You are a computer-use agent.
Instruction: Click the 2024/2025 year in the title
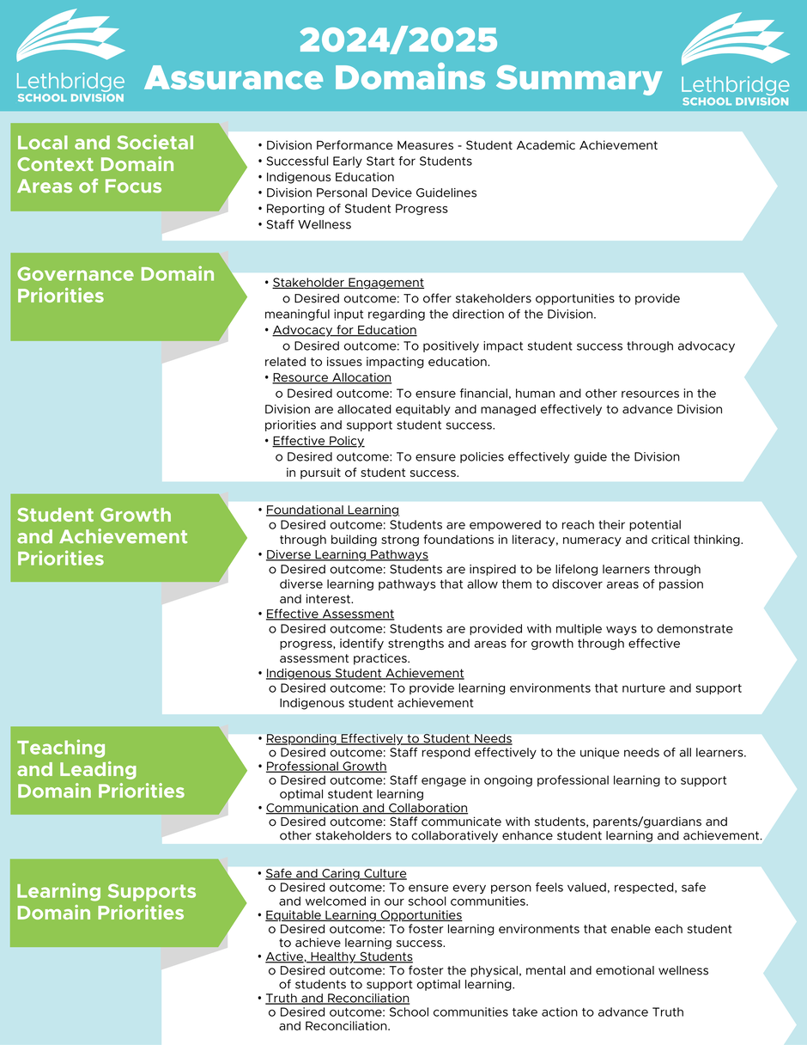coord(398,40)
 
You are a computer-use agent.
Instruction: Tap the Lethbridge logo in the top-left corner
coord(70,56)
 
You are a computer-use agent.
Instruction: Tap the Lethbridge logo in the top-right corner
coord(736,59)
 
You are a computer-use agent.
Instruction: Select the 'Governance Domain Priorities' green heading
coord(116,284)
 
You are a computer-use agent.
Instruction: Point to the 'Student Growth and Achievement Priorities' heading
coord(102,537)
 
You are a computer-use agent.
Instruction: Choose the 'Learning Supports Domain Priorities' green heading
coord(106,901)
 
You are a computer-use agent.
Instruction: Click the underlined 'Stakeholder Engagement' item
coord(349,283)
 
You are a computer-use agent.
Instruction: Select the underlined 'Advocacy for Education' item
coord(344,330)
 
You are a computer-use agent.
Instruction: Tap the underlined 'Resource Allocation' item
coord(332,377)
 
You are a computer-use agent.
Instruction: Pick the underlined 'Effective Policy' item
coord(318,441)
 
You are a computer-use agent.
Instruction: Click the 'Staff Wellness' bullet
coord(308,224)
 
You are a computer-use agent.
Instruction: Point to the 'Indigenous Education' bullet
coord(330,177)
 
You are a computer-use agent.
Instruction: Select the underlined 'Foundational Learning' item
coord(332,510)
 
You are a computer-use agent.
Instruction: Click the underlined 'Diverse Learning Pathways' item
coord(347,554)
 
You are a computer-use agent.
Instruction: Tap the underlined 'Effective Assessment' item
coord(330,614)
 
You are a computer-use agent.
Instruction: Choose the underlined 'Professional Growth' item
coord(326,767)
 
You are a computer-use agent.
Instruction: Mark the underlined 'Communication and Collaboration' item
coord(367,808)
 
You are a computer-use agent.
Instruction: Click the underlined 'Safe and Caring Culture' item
coord(336,873)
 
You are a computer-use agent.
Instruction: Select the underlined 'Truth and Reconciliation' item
coord(337,999)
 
